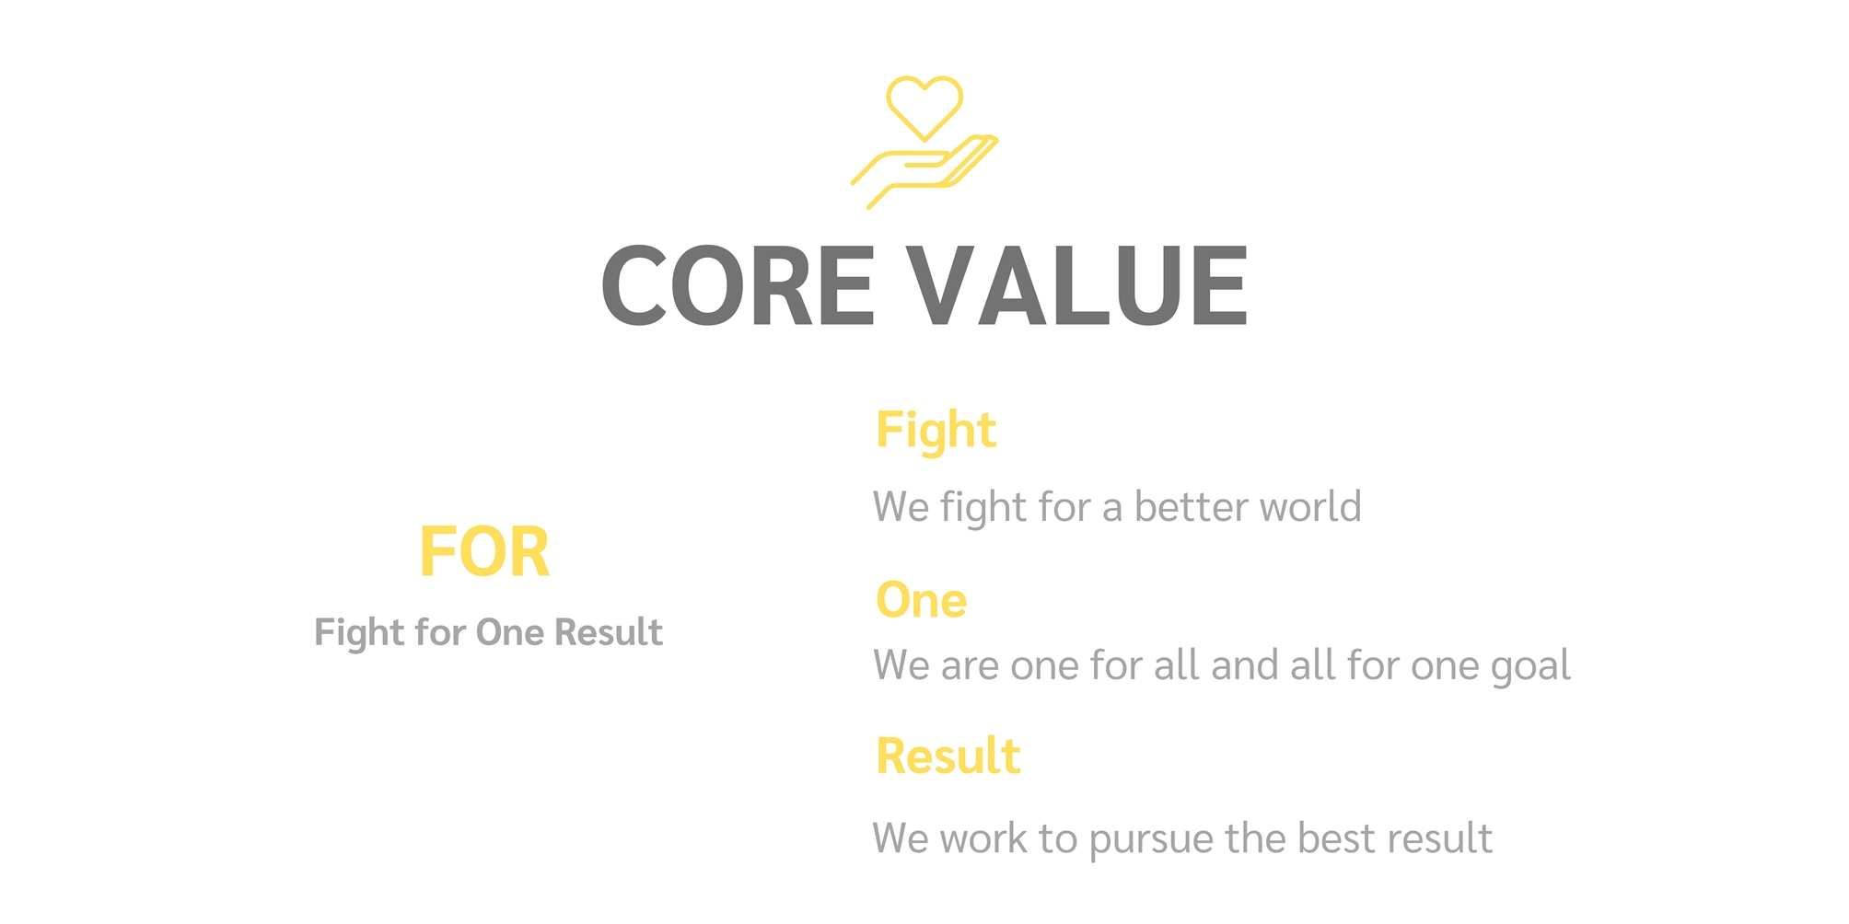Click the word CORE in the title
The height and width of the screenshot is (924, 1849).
click(738, 285)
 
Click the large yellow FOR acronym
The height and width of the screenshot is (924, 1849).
click(484, 552)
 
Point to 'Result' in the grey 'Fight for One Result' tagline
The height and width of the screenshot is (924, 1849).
click(609, 632)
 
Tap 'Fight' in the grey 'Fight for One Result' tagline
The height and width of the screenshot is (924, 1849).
click(359, 633)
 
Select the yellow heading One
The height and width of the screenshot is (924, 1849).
click(921, 601)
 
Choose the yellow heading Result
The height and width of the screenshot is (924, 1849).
click(948, 757)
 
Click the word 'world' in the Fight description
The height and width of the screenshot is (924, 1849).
click(1309, 506)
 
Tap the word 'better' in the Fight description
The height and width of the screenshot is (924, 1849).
click(1191, 506)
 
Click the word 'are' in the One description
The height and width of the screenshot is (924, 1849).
click(970, 666)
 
